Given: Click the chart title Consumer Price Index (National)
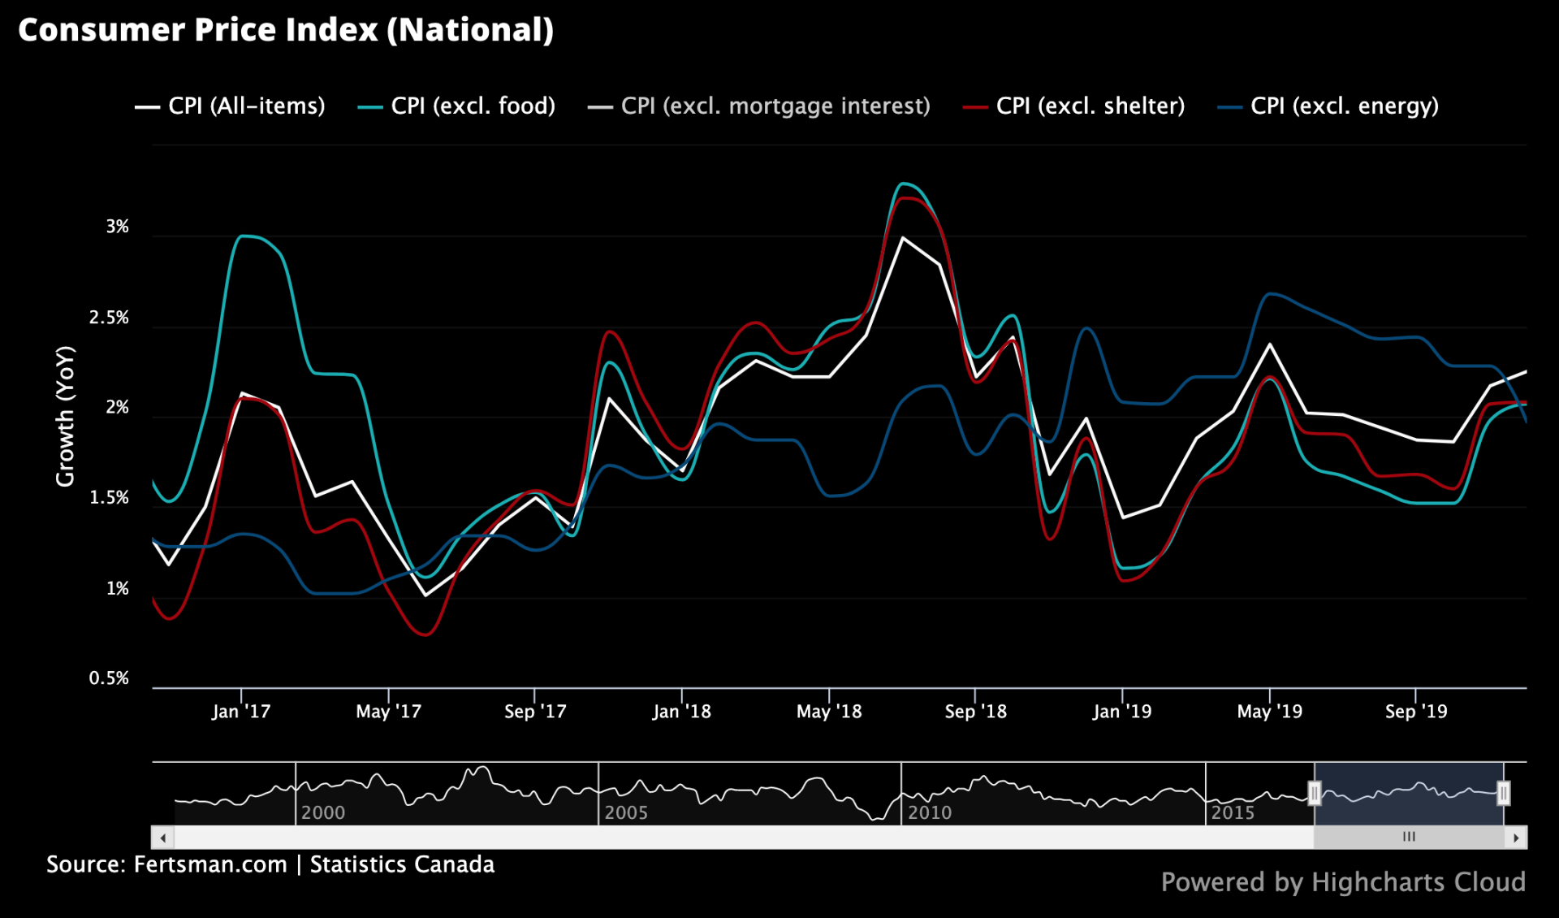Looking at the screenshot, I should pyautogui.click(x=286, y=30).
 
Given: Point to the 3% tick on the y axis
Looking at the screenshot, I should pyautogui.click(x=118, y=227).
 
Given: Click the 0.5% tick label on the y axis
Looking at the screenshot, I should pyautogui.click(x=110, y=678).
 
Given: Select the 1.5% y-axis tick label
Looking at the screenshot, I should pyautogui.click(x=110, y=498).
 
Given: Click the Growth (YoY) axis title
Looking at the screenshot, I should pyautogui.click(x=65, y=416).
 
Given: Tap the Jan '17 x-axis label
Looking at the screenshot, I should pyautogui.click(x=240, y=712).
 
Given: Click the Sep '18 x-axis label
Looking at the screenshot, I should pyautogui.click(x=975, y=712).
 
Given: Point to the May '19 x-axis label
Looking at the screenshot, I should pyautogui.click(x=1269, y=712).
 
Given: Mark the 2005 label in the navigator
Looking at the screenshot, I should pyautogui.click(x=626, y=812).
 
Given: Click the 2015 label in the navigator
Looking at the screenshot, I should pyautogui.click(x=1233, y=812).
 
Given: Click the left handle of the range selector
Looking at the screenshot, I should pyautogui.click(x=1314, y=793).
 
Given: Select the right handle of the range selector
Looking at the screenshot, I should pyautogui.click(x=1503, y=793).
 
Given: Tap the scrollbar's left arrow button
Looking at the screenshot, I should pyautogui.click(x=163, y=838).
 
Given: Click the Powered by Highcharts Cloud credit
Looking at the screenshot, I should pyautogui.click(x=1343, y=882).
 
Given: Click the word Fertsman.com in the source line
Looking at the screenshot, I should pyautogui.click(x=210, y=864).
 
